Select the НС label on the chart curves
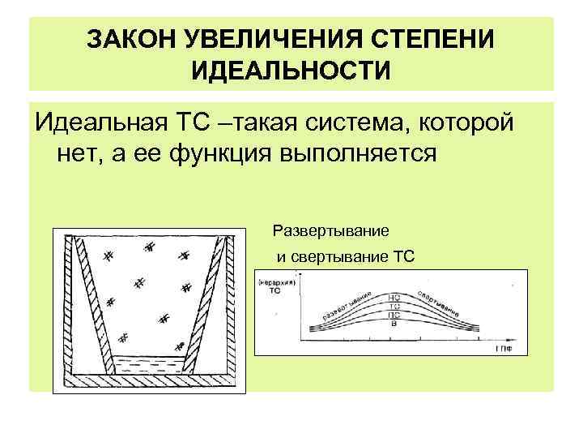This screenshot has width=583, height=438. [395, 298]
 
